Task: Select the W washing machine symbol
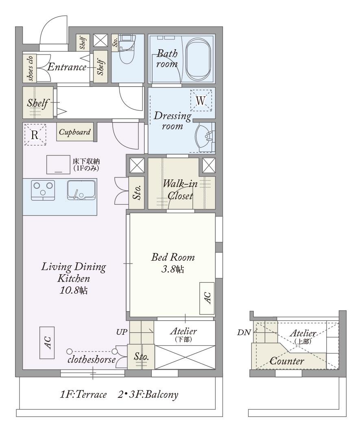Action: pyautogui.click(x=201, y=100)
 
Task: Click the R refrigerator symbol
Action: pyautogui.click(x=35, y=135)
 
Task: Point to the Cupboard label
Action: pyautogui.click(x=75, y=132)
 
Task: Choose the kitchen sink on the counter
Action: pyautogui.click(x=81, y=190)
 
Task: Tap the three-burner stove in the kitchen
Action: pyautogui.click(x=43, y=190)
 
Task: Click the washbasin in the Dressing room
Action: pyautogui.click(x=204, y=137)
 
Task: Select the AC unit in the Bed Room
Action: pyautogui.click(x=207, y=298)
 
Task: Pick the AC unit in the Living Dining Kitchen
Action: pyautogui.click(x=47, y=343)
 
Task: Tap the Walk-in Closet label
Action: pyautogui.click(x=180, y=190)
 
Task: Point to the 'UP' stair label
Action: pyautogui.click(x=122, y=332)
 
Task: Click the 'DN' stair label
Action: pyautogui.click(x=244, y=332)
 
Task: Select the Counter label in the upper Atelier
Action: pyautogui.click(x=287, y=361)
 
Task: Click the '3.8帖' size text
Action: pyautogui.click(x=173, y=269)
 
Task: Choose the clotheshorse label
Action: pyautogui.click(x=92, y=360)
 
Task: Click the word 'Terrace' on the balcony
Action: pyautogui.click(x=91, y=395)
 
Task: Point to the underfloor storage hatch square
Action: pyautogui.click(x=58, y=164)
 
